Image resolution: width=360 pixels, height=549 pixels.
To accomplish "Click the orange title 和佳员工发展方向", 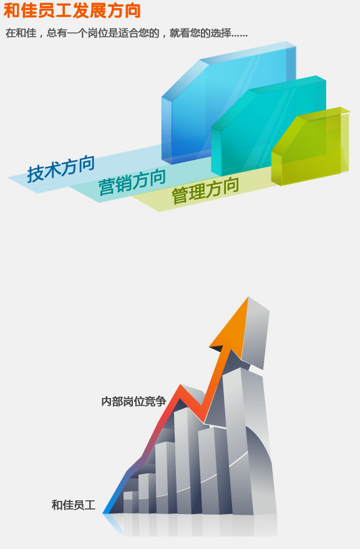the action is (72, 10).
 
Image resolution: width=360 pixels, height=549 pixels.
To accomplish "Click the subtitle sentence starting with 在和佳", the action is (127, 33).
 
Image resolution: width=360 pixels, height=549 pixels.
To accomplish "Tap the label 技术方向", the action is (61, 169).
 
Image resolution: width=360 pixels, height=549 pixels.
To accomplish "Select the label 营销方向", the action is (132, 182).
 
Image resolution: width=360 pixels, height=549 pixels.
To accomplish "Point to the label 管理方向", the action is (205, 190).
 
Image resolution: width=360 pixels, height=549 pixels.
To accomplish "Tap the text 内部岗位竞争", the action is (134, 401).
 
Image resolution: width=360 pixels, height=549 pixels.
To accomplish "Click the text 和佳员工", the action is (74, 505).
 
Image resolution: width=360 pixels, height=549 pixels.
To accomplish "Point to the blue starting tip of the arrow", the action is (104, 513).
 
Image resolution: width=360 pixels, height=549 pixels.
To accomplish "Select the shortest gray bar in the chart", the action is (128, 502).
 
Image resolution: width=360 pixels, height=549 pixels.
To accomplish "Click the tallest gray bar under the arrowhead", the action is (241, 441).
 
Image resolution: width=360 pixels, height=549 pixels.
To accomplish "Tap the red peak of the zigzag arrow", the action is (180, 387).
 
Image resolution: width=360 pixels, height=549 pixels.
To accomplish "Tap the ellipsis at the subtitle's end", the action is (239, 36).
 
